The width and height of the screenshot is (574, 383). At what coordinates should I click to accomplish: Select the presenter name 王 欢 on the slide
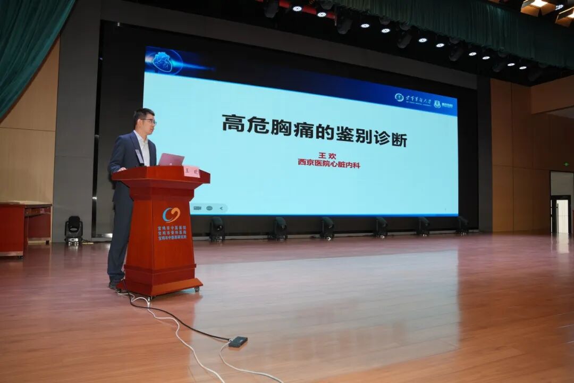(328, 155)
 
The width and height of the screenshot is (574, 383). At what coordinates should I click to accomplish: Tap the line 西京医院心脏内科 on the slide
(328, 164)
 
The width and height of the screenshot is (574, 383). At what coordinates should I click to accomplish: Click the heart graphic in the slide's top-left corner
(163, 62)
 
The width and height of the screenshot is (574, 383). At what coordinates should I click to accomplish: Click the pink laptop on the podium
(171, 160)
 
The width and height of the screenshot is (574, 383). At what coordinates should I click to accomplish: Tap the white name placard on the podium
(191, 171)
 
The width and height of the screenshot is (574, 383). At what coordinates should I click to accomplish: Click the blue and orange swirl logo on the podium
(171, 214)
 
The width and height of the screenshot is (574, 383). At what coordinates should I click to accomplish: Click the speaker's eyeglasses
(148, 121)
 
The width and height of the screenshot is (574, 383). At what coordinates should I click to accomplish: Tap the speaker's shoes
(115, 285)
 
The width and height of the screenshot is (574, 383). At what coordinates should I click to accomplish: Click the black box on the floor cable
(238, 342)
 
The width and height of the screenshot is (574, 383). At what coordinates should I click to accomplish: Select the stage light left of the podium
(74, 229)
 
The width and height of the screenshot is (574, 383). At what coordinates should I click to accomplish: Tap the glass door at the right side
(562, 215)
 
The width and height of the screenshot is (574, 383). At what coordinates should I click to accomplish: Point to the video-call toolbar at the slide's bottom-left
(209, 208)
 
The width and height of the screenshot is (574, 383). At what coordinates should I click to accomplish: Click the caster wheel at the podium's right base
(197, 288)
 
